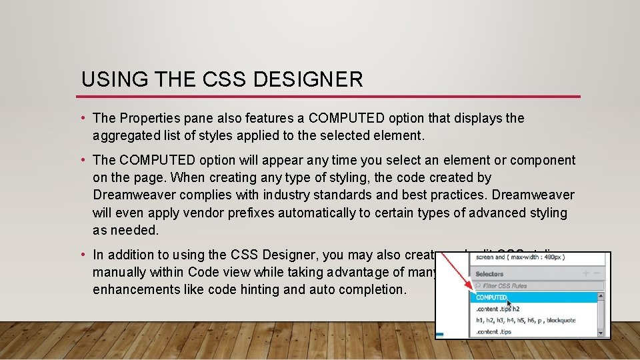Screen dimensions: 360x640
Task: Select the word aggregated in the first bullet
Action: tap(126, 135)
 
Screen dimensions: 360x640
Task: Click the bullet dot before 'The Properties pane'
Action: tap(85, 119)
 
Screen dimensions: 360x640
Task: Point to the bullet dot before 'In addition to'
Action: tap(85, 255)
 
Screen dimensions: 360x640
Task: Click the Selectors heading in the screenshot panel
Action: tap(490, 274)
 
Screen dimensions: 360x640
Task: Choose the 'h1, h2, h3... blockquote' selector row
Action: tap(527, 320)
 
